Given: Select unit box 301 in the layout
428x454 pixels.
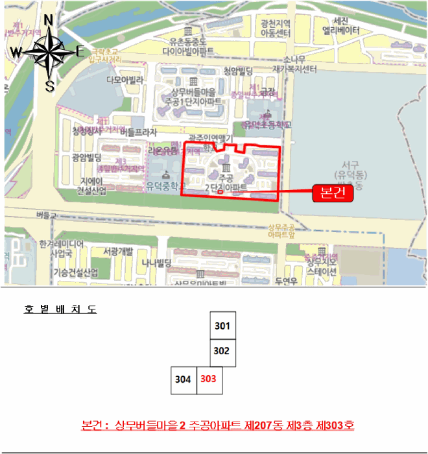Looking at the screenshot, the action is tap(222, 325).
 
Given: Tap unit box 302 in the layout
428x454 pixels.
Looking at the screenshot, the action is tap(222, 352).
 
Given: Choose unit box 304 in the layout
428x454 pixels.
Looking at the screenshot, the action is tap(184, 379).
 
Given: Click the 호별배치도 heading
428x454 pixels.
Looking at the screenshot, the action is tap(60, 309).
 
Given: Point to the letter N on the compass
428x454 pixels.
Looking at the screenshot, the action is tap(48, 20).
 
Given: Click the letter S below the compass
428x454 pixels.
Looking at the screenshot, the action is tap(49, 85).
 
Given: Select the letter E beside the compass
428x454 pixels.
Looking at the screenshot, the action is tap(80, 53).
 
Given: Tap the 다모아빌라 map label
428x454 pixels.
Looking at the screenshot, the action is tap(124, 80).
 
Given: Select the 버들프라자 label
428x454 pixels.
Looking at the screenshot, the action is tap(139, 132).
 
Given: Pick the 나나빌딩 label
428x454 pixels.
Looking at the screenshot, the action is tap(156, 262).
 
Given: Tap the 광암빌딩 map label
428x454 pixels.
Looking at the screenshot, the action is tap(86, 158).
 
